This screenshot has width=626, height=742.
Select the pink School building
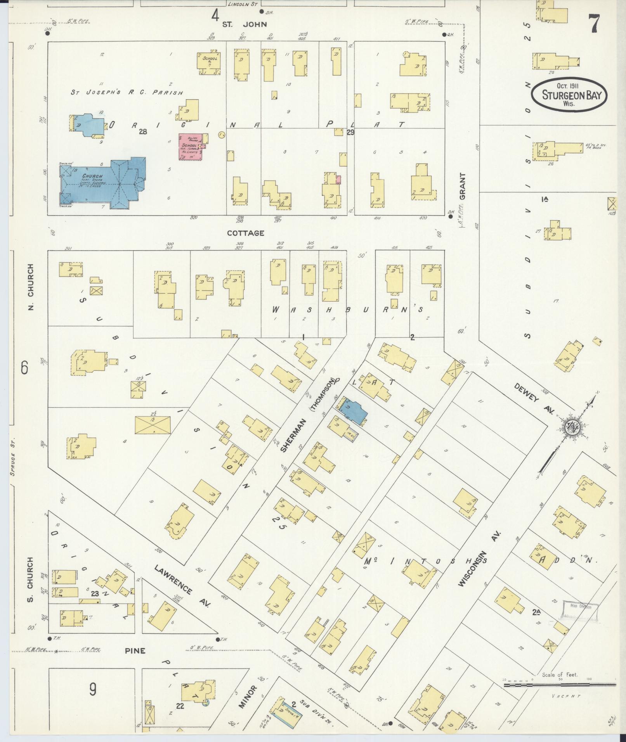[191, 147]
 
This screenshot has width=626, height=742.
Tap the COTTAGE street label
[245, 233]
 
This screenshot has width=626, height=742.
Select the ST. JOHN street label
[244, 24]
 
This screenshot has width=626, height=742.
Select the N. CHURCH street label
[31, 287]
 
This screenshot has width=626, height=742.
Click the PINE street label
[135, 650]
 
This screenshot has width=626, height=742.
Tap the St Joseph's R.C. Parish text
[126, 93]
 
